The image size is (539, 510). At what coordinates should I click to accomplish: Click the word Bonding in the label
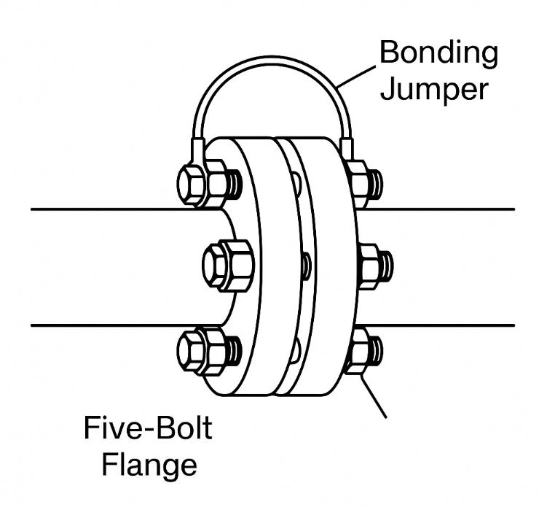pos(440,53)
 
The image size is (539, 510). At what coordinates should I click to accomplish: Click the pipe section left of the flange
pos(109,266)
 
